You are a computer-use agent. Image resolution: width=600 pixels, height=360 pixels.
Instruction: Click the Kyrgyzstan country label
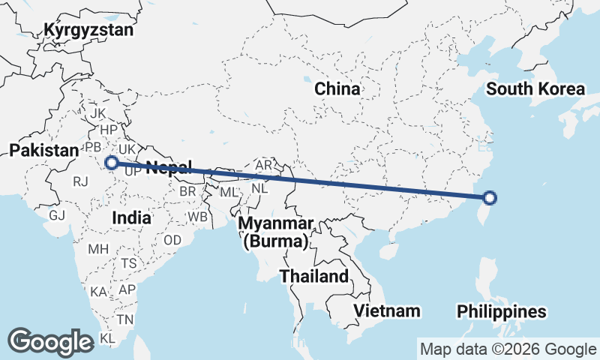[88, 30]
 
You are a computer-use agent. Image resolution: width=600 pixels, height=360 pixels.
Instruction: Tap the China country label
[337, 89]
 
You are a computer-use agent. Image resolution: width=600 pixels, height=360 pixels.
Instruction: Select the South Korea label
[535, 89]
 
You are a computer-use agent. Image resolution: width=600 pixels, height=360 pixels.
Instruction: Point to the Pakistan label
[43, 151]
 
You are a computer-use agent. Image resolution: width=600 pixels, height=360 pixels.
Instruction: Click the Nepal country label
[168, 166]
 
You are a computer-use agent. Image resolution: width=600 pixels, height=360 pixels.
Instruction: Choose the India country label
[131, 217]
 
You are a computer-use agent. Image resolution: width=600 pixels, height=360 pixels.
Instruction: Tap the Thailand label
[314, 276]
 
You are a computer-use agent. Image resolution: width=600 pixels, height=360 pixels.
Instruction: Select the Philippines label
[501, 311]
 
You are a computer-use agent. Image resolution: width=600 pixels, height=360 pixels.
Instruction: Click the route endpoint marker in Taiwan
[490, 198]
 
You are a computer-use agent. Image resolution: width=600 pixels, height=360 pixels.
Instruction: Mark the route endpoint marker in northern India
[111, 162]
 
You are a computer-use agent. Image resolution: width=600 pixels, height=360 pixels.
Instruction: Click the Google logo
[50, 341]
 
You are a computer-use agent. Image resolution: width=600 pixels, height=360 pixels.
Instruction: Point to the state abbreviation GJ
[58, 215]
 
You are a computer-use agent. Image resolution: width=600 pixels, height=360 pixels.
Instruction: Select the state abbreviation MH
[98, 248]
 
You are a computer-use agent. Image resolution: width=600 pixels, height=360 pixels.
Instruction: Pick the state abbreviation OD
[172, 240]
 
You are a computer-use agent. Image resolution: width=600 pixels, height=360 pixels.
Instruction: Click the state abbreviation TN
[124, 319]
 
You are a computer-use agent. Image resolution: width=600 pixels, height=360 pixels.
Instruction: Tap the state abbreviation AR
[263, 165]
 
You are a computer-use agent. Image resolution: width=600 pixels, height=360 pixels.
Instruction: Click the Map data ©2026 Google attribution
[508, 349]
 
